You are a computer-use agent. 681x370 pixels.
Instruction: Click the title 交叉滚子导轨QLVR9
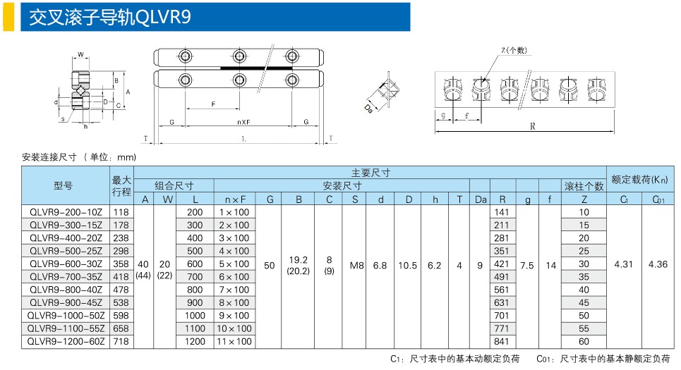[x=110, y=18]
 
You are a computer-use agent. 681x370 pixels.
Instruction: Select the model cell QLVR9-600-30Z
[x=66, y=264]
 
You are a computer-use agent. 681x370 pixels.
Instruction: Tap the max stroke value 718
[x=121, y=341]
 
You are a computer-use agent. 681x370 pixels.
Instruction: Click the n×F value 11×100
[x=234, y=341]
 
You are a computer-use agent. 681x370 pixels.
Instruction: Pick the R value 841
[x=501, y=341]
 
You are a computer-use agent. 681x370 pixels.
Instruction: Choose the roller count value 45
[x=584, y=302]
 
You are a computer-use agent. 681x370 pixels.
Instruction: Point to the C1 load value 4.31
[x=623, y=264]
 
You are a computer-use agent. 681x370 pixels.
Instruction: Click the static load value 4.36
[x=658, y=264]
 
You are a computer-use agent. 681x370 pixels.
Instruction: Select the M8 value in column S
[x=356, y=265]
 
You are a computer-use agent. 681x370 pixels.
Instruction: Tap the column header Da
[x=481, y=199]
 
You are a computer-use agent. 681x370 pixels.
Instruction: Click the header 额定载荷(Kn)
[x=640, y=179]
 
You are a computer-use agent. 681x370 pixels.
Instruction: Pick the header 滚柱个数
[x=584, y=186]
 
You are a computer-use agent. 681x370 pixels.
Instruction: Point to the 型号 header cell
[x=63, y=185]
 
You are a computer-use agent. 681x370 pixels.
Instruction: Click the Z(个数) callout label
[x=514, y=50]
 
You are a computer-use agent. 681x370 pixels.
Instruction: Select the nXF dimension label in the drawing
[x=243, y=122]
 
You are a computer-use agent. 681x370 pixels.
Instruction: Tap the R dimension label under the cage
[x=533, y=126]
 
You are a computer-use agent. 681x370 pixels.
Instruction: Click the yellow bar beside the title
[x=8, y=17]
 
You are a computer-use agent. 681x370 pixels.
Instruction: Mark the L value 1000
[x=195, y=315]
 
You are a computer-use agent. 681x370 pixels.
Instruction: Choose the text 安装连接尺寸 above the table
[x=49, y=157]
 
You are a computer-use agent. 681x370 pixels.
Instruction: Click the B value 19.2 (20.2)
[x=298, y=266]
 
